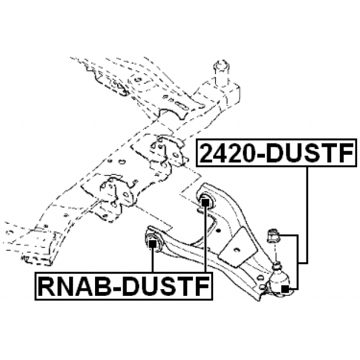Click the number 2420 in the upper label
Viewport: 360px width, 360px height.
coord(226,152)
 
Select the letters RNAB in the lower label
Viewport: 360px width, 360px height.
coord(74,286)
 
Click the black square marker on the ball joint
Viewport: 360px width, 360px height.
coord(285,289)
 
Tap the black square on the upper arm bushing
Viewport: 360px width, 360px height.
coord(205,202)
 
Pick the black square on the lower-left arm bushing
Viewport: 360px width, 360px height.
coord(152,244)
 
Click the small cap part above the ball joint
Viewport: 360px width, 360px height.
coord(273,235)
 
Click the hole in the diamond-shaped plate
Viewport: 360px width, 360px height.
coord(236,249)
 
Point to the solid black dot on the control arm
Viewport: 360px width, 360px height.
coord(218,230)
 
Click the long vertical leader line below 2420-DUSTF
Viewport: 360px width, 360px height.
coord(307,215)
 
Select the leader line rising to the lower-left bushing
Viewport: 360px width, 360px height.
coord(152,260)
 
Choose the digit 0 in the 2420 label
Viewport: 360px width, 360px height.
coord(246,153)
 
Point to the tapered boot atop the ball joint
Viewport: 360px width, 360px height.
coord(277,266)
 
